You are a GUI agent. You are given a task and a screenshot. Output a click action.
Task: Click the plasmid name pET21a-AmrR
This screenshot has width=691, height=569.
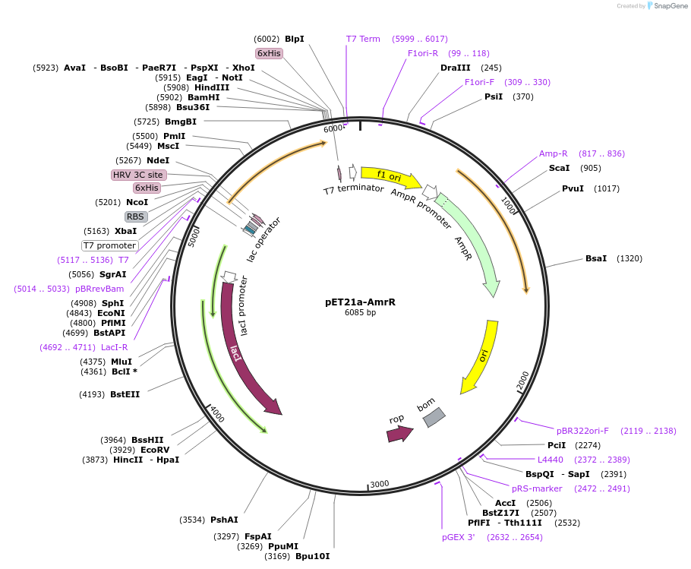(x=360, y=302)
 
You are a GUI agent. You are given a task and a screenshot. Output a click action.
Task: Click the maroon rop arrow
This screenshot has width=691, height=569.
(x=399, y=434)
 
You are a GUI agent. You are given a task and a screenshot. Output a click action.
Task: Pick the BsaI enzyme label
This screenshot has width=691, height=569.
(x=595, y=258)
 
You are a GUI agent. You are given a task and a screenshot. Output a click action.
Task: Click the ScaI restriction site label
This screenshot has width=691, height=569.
(x=559, y=168)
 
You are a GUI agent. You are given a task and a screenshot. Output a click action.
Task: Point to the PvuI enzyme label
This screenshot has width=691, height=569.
(x=573, y=188)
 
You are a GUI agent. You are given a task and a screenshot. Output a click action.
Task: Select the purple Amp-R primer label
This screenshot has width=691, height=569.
(x=553, y=153)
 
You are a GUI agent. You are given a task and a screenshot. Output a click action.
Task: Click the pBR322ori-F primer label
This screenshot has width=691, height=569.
(x=582, y=431)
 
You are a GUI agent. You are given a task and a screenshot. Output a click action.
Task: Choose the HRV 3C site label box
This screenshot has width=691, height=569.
(x=138, y=175)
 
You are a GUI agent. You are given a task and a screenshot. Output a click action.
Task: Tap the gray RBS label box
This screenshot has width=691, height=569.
(x=136, y=217)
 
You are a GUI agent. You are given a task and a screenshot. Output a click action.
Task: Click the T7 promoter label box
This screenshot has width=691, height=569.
(x=110, y=245)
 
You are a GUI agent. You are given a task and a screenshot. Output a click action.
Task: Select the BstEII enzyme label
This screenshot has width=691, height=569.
(x=125, y=394)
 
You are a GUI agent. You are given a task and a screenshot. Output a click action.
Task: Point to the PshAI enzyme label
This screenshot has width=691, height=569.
(x=224, y=520)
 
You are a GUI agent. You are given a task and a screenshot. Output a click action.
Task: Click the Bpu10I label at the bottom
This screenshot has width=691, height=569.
(x=312, y=556)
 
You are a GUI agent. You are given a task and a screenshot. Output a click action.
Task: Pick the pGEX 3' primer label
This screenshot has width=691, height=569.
(x=458, y=537)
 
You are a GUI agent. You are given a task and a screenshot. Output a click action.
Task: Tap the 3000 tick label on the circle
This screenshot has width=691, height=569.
(x=379, y=484)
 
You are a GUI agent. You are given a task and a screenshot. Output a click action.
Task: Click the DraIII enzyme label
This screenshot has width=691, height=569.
(x=455, y=68)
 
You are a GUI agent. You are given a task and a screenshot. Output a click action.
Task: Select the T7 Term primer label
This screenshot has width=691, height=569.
(x=363, y=39)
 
